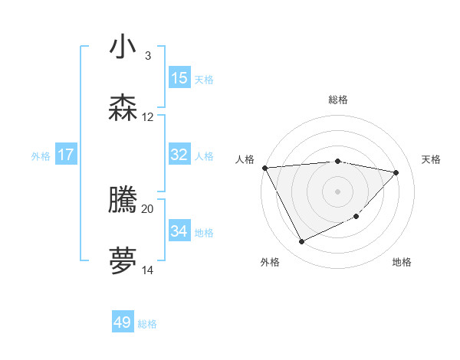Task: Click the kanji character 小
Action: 123,47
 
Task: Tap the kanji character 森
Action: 123,109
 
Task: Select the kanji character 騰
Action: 123,201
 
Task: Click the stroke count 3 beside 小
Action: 147,56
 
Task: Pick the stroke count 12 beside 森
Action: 148,117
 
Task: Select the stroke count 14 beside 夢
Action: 148,270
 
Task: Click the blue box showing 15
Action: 179,78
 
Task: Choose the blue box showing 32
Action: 179,155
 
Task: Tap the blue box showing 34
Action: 179,231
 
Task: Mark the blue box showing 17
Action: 65,155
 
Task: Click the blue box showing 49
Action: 123,322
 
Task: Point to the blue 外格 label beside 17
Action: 41,156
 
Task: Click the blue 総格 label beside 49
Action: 147,324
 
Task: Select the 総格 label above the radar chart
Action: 337,100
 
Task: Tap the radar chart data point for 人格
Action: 264,168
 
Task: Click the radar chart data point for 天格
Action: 396,172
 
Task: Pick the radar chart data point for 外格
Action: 301,242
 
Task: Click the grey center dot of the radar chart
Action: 337,191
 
